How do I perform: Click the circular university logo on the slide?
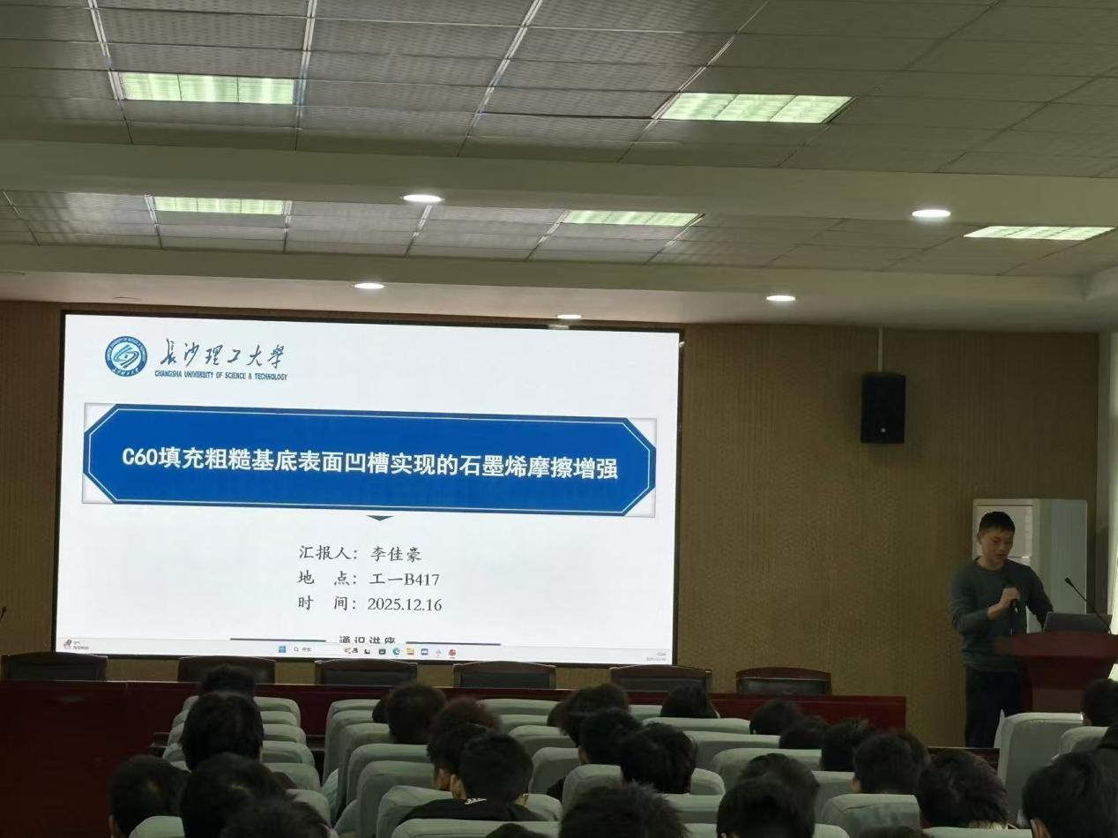pos(126,356)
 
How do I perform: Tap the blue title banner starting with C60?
pos(369,460)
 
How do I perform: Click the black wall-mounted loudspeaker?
pos(883,408)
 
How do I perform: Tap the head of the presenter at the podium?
pos(995,533)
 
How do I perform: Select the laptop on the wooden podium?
pos(1075,622)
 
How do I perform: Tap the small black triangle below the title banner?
pos(379,518)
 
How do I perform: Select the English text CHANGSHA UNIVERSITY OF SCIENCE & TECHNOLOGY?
pos(221,375)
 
